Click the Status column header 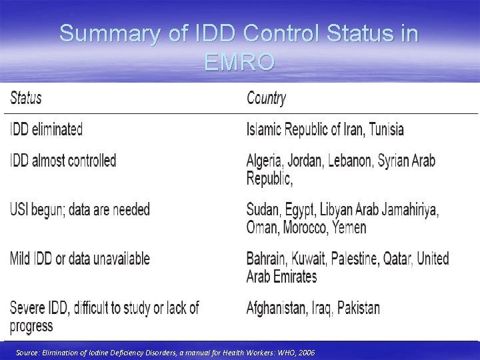click(25, 99)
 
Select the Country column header click(266, 99)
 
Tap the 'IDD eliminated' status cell click(46, 129)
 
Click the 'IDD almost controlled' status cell click(63, 161)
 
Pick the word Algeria click(266, 161)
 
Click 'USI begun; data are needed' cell click(79, 209)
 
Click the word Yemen click(350, 227)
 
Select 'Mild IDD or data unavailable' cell click(79, 258)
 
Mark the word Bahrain click(267, 258)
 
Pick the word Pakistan click(357, 307)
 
